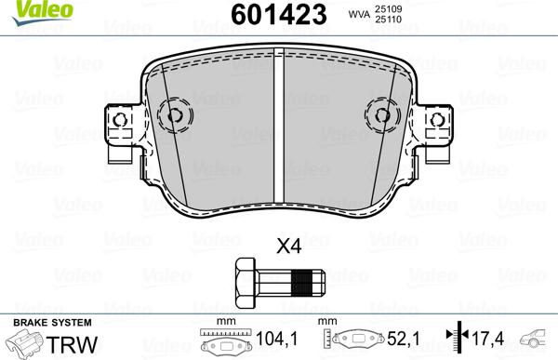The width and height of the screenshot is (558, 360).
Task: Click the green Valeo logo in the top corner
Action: coord(26,8)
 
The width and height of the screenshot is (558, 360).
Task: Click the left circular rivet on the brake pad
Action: coord(174,115)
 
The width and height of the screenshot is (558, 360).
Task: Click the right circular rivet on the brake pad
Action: coord(382,115)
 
